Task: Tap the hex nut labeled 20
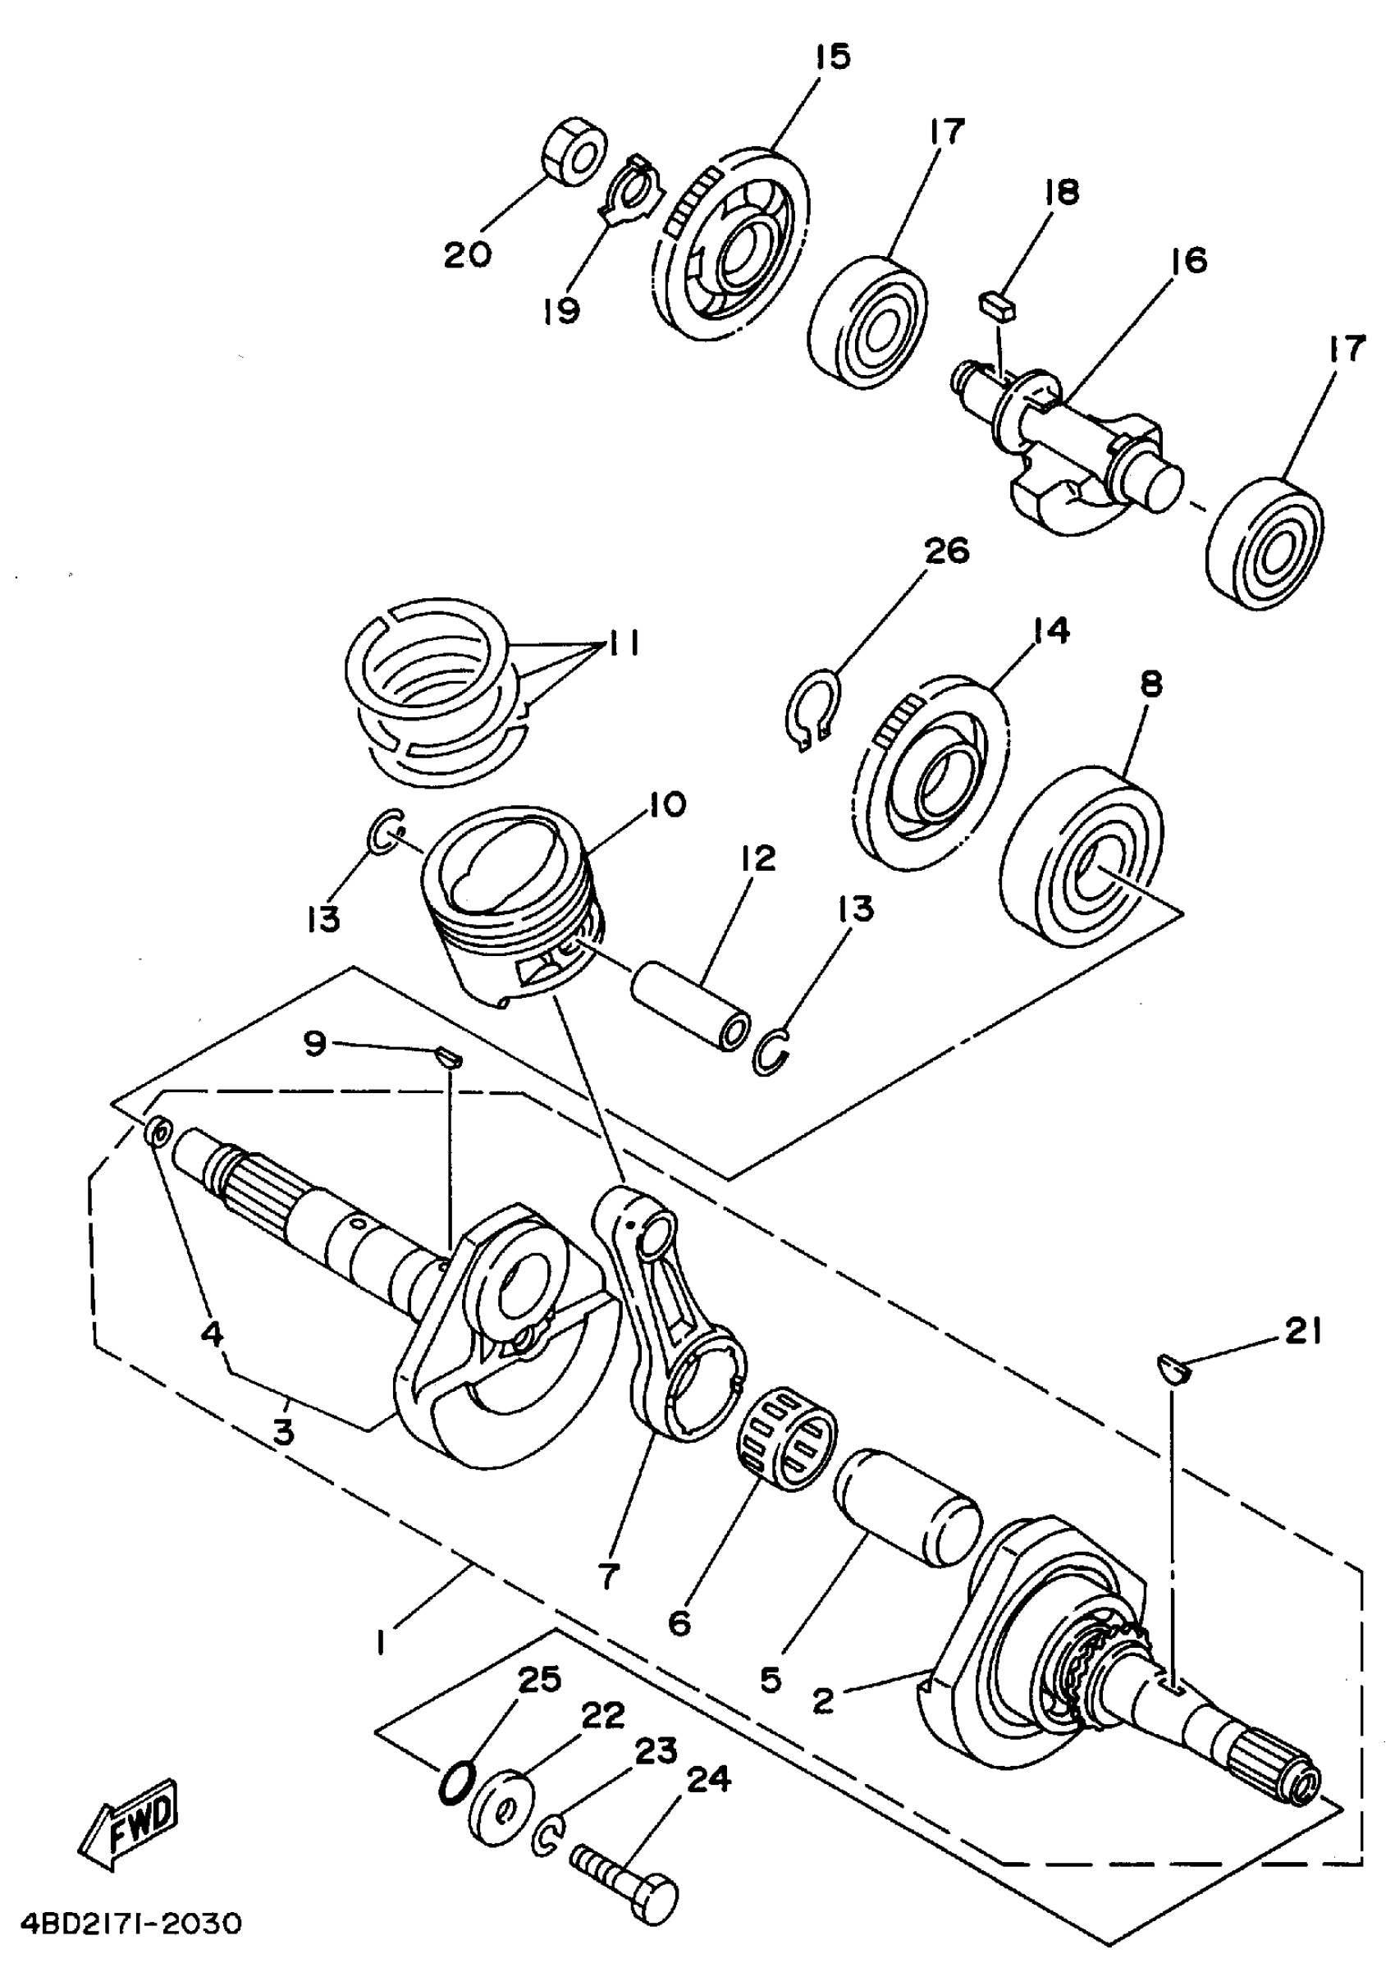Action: (x=574, y=153)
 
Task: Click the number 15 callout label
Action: (x=830, y=57)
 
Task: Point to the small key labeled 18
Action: (x=997, y=305)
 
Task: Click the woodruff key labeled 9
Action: (x=448, y=1055)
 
